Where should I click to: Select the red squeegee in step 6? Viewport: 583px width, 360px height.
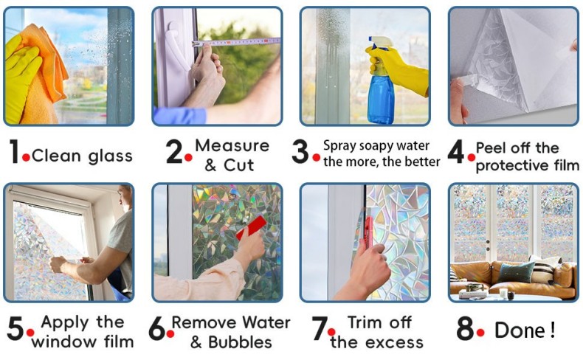pos(252,227)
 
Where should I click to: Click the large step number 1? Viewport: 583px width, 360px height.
pos(14,151)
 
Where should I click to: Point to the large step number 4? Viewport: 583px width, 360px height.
pos(456,151)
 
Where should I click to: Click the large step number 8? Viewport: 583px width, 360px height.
pos(465,328)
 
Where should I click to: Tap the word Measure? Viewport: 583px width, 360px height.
pos(232,145)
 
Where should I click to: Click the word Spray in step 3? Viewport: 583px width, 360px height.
pos(338,146)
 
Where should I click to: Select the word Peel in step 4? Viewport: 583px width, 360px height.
pos(491,148)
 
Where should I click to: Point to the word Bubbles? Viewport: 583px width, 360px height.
pos(240,342)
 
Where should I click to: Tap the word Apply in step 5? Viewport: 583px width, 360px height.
pos(65,323)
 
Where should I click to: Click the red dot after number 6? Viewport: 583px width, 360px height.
pos(170,334)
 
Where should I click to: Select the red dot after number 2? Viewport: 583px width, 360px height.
pos(188,158)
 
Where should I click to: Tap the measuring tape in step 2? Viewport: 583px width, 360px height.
pos(235,42)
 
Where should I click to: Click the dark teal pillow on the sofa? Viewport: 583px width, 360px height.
pos(516,272)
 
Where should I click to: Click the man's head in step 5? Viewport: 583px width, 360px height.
pos(125,198)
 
